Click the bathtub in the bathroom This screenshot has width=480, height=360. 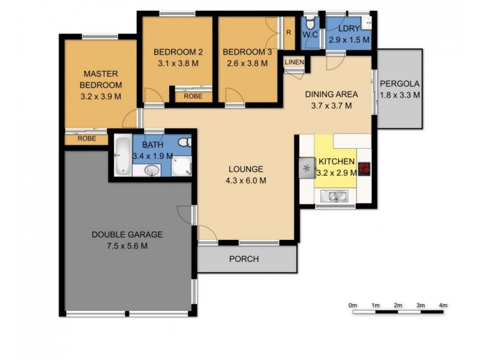[122, 155]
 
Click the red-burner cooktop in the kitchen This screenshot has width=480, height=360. [364, 168]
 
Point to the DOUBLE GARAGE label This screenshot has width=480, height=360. [127, 235]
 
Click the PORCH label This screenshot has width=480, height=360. [244, 259]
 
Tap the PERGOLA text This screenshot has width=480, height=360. [400, 83]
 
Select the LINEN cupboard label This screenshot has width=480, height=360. [294, 62]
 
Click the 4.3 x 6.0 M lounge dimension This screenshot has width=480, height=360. [246, 180]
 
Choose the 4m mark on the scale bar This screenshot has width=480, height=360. [443, 306]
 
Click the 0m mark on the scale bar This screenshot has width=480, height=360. [353, 306]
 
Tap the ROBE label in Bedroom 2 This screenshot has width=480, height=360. [193, 96]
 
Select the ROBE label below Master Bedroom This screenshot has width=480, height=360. [86, 138]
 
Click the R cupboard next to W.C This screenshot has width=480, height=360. [289, 32]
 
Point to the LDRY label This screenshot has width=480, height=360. [348, 29]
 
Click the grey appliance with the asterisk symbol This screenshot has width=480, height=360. [307, 167]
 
